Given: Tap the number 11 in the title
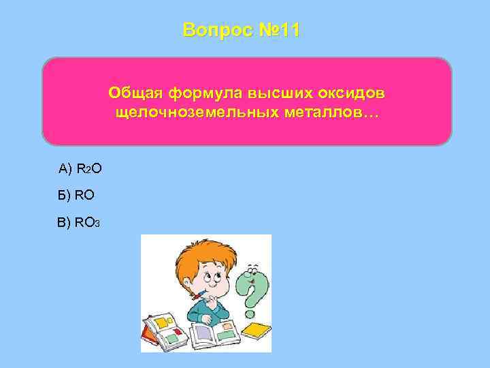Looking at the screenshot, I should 287,31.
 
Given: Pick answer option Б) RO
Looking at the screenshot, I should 76,195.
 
